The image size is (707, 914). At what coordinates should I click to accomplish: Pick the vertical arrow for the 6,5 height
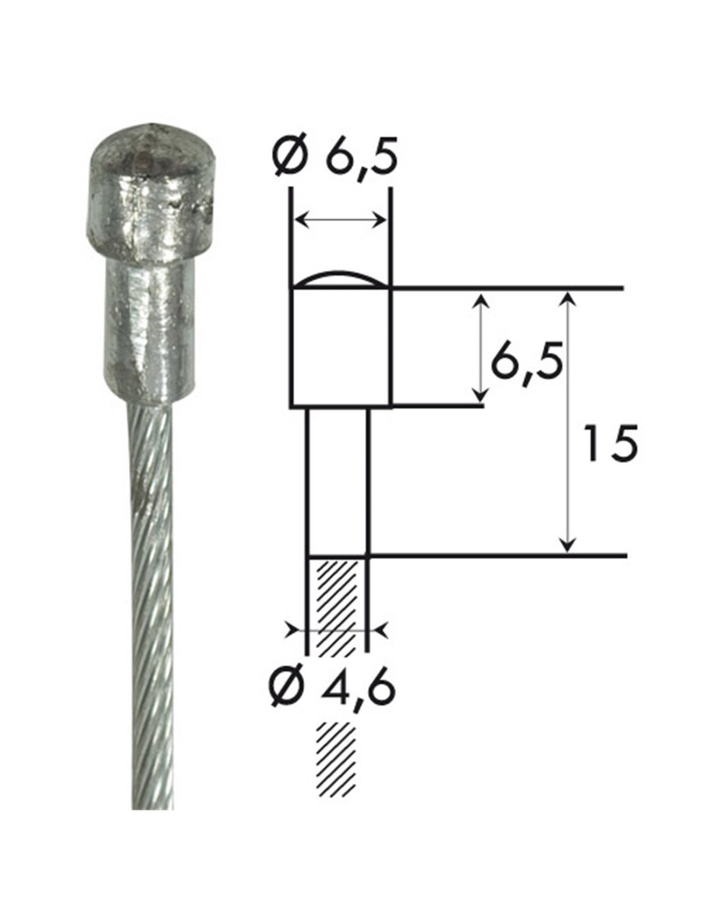click(481, 348)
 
